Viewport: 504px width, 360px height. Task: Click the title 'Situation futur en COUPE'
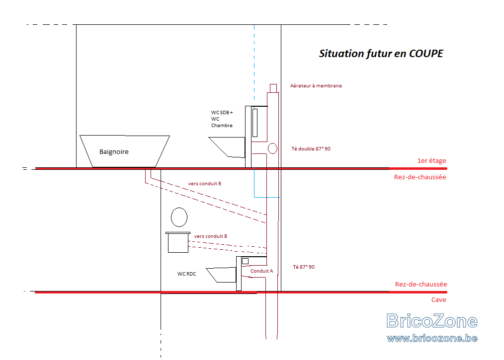click(x=381, y=54)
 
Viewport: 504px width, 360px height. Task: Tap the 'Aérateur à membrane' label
click(x=316, y=86)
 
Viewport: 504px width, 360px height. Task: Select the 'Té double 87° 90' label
click(x=311, y=148)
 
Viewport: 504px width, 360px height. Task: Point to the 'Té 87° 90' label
click(x=304, y=267)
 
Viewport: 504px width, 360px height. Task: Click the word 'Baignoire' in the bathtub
click(x=114, y=151)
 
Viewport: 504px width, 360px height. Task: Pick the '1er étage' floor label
click(x=431, y=160)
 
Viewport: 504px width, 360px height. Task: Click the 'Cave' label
click(x=438, y=299)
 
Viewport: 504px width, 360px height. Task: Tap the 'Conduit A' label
click(x=261, y=271)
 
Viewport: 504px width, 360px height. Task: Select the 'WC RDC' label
click(x=186, y=274)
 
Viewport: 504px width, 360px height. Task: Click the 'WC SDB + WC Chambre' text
click(x=222, y=119)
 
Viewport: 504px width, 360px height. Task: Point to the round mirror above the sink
click(x=179, y=217)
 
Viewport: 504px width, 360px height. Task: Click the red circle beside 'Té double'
click(x=272, y=148)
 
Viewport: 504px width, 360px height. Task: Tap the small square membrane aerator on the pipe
click(x=273, y=88)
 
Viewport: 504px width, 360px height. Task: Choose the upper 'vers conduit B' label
click(x=205, y=184)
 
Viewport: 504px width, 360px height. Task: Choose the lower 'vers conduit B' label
click(x=211, y=236)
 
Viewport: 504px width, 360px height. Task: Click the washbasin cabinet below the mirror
click(x=178, y=242)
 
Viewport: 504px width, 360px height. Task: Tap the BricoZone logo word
click(x=432, y=321)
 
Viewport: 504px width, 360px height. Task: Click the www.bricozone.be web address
click(x=432, y=339)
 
